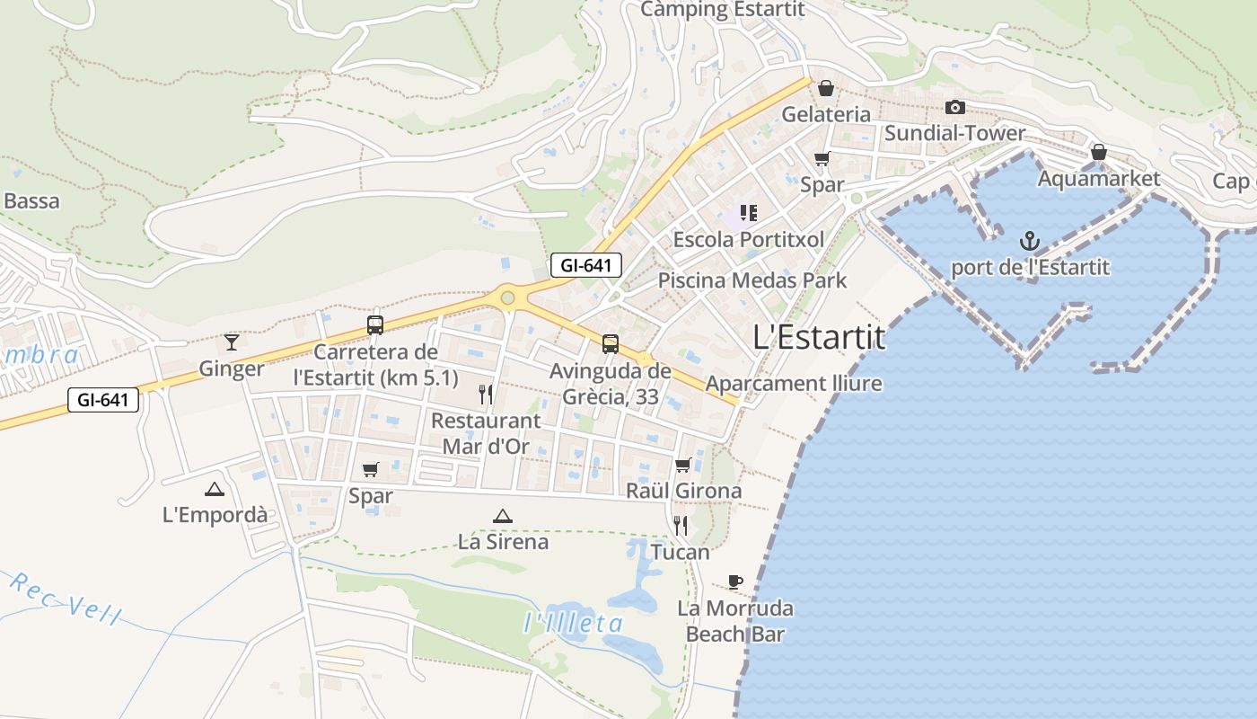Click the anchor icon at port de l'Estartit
(1030, 241)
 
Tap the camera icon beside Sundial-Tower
(955, 108)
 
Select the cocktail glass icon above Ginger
(232, 342)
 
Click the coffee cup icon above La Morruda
(735, 581)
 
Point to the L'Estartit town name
(819, 337)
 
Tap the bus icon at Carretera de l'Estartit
(375, 325)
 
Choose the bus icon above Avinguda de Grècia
(611, 343)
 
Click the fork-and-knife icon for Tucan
(681, 525)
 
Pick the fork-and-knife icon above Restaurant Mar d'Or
(486, 394)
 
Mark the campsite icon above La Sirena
(502, 516)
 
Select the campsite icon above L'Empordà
(214, 489)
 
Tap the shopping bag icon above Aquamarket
(1098, 152)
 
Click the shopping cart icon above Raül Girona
(683, 465)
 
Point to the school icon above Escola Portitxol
(748, 213)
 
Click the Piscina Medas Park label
(752, 280)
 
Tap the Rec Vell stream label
(66, 599)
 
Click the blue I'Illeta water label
(573, 623)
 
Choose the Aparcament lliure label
(794, 384)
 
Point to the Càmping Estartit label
(723, 10)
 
